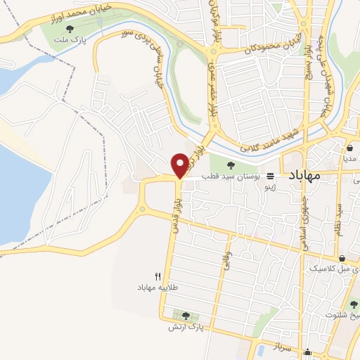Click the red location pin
pos(181,164)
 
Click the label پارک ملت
pos(70,40)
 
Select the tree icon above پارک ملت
pos(70,28)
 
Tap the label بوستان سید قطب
pos(232,176)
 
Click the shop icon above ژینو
pos(271,176)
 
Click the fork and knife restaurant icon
pos(158,277)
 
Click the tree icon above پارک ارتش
pos(186,316)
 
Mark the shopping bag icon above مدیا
pos(349,148)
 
